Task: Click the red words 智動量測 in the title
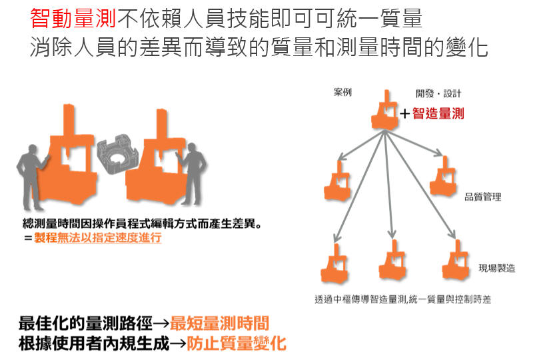[x=73, y=18]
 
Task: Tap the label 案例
[x=342, y=92]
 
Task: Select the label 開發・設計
[x=438, y=93]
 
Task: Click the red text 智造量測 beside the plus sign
[x=438, y=113]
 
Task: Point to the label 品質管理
[x=482, y=197]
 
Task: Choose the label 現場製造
[x=496, y=268]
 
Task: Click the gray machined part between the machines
[x=117, y=154]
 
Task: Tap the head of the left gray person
[x=33, y=149]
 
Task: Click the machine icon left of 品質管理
[x=443, y=177]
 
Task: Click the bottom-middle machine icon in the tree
[x=392, y=260]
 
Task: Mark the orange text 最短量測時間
[x=219, y=323]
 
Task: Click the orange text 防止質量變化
[x=237, y=343]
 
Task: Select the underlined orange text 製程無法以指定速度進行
[x=97, y=237]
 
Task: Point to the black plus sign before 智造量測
[x=404, y=113]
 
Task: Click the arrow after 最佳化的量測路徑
[x=161, y=323]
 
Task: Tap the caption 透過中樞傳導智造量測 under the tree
[x=360, y=299]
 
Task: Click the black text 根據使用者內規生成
[x=94, y=343]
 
